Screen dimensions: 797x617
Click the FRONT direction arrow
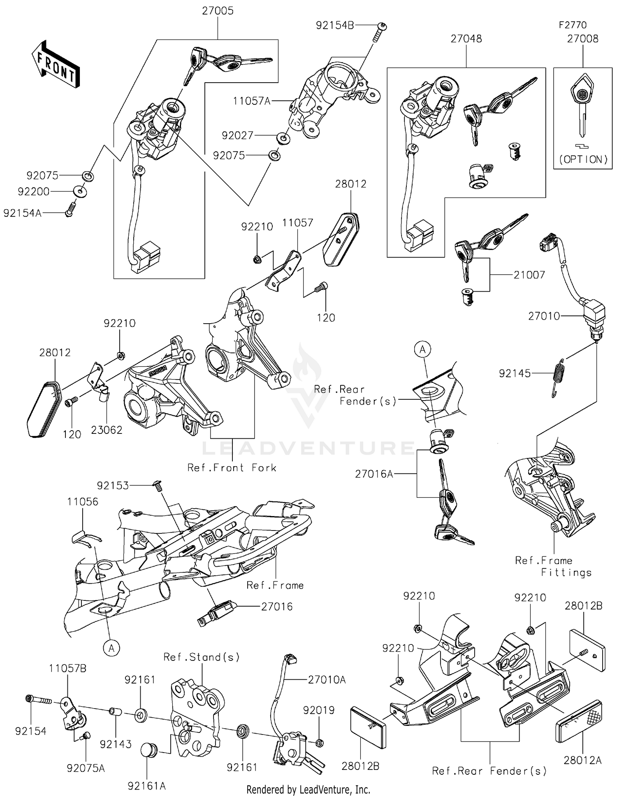[56, 65]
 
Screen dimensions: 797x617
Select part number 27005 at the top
[218, 11]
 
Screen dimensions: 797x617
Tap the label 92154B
[335, 25]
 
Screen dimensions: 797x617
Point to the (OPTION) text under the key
[583, 160]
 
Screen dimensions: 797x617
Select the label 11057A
[251, 101]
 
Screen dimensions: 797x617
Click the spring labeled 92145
[558, 378]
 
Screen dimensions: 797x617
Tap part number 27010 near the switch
[544, 316]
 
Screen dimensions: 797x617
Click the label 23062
[107, 430]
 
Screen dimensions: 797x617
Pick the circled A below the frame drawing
[111, 649]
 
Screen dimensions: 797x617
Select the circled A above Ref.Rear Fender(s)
[422, 350]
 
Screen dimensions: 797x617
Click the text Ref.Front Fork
[232, 468]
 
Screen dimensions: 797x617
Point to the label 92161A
[146, 786]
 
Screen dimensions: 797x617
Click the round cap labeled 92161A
[148, 750]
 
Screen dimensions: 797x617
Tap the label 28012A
[582, 760]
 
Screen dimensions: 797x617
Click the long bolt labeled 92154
[39, 700]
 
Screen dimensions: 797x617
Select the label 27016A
[374, 474]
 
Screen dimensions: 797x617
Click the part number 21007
[529, 275]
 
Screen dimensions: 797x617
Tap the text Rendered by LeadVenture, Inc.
[308, 790]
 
